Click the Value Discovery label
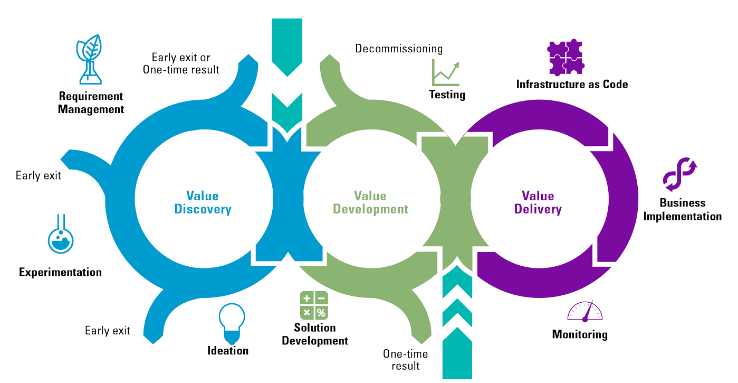(x=203, y=203)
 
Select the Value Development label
(x=370, y=203)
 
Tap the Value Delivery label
(x=538, y=203)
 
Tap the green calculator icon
(x=314, y=305)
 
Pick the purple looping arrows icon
(x=679, y=174)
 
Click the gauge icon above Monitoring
(x=584, y=312)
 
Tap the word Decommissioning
(x=399, y=49)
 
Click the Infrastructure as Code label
(x=572, y=84)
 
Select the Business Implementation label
(x=682, y=210)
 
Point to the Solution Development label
(x=315, y=334)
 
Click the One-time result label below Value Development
(x=406, y=360)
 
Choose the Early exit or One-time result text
(x=181, y=63)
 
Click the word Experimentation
(x=60, y=273)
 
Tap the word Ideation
(x=228, y=351)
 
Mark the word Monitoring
(x=580, y=334)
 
